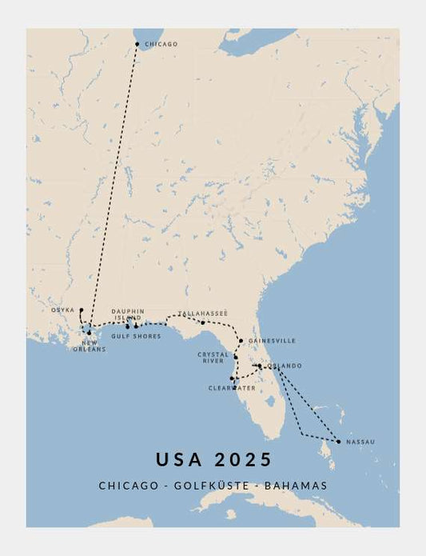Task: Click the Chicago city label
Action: [161, 44]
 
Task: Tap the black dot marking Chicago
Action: [137, 44]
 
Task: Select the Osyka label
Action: [63, 310]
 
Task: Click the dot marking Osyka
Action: [81, 310]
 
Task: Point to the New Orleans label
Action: [89, 346]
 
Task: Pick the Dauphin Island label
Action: [128, 314]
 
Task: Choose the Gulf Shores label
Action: [136, 336]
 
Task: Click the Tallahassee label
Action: [203, 313]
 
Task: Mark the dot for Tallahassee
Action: [202, 322]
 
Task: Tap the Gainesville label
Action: [272, 340]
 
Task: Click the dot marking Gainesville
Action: [241, 340]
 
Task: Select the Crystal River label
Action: [213, 358]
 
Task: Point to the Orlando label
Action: [285, 366]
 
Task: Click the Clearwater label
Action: [232, 388]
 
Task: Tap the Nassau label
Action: [360, 442]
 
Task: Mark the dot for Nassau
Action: [338, 442]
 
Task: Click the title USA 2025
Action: [213, 459]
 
